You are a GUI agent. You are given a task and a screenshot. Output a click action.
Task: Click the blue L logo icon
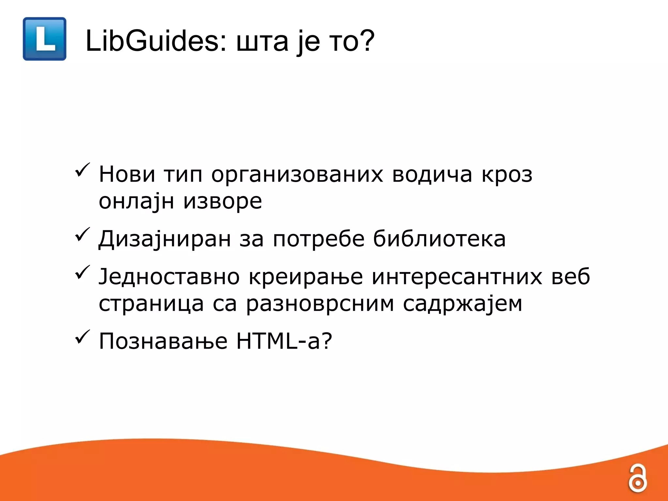(44, 39)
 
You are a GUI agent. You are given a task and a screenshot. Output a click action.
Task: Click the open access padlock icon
(637, 478)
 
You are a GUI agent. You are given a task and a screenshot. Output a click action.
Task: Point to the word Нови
(127, 174)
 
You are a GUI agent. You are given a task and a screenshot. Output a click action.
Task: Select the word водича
(432, 174)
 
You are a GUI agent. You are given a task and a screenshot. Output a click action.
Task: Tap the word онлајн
(136, 202)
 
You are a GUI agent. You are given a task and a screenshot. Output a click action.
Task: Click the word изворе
(222, 202)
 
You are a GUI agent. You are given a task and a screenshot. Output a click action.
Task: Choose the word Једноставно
(169, 277)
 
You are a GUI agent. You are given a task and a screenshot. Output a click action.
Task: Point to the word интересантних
(457, 277)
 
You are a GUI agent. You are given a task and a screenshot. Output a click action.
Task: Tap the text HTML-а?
(284, 341)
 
